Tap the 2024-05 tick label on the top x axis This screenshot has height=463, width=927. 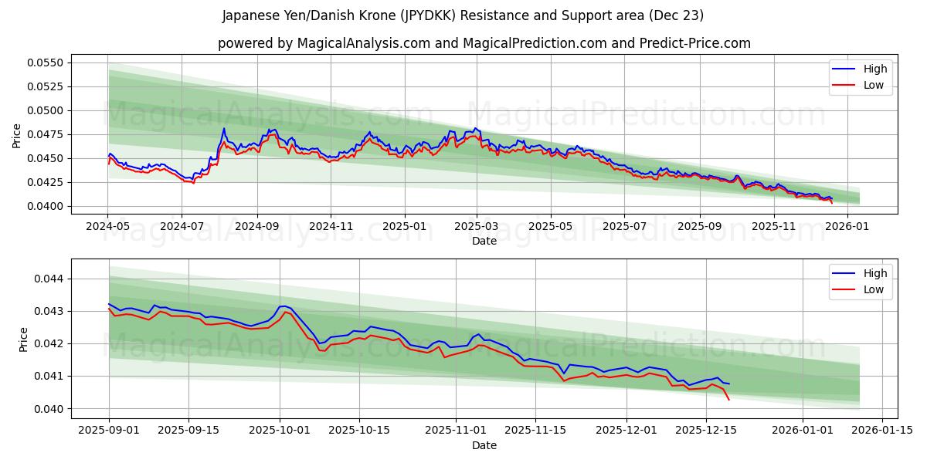coord(107,226)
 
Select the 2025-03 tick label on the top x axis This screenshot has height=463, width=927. coord(477,226)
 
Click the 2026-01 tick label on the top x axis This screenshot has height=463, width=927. coord(847,226)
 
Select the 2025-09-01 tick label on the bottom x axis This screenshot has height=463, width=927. coord(108,430)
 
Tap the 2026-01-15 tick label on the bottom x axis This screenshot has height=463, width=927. coord(881,430)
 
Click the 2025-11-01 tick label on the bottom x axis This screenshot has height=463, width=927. coord(456,430)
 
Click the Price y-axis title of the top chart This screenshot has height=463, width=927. coord(17,135)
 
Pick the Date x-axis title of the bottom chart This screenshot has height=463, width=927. coord(484,445)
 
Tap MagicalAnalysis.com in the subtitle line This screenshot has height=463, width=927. coord(363,43)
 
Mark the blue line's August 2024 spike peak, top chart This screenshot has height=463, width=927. coord(224,128)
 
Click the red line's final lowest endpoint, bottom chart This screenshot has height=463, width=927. coord(728,399)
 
